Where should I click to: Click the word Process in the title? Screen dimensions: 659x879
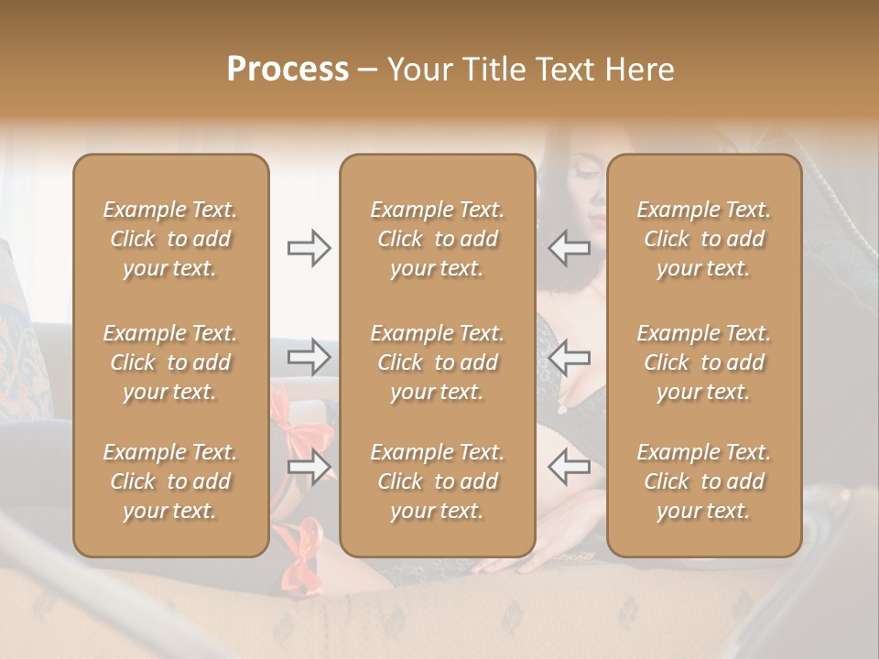tap(288, 69)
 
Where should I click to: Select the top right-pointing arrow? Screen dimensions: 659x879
tap(309, 248)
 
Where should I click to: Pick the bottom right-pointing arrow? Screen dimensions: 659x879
tap(309, 467)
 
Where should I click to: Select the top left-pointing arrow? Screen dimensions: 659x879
tap(569, 248)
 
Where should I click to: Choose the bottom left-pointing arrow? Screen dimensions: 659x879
tap(569, 467)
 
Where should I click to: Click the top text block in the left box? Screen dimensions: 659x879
tap(170, 239)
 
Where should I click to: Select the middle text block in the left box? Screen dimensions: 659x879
tap(170, 362)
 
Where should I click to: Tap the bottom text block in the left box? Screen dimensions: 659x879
tap(170, 481)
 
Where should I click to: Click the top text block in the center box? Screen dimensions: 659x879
tap(438, 239)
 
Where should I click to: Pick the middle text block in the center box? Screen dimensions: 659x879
tap(438, 362)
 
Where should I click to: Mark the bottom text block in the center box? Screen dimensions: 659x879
tap(438, 481)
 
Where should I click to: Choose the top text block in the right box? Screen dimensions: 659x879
tap(704, 239)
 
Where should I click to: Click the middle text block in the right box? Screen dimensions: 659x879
tap(704, 362)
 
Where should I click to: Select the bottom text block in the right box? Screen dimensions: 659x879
tap(704, 481)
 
